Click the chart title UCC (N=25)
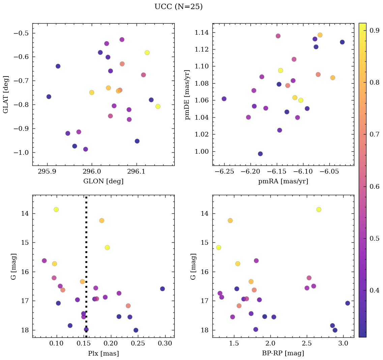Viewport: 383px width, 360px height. click(178, 7)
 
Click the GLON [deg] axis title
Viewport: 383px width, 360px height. click(103, 181)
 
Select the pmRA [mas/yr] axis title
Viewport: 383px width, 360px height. click(283, 181)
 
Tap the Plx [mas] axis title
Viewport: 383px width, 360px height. click(103, 353)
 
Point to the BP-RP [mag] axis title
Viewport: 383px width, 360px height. click(283, 353)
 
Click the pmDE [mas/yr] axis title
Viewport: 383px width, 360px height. click(187, 94)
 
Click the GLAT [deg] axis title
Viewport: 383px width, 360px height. click(6, 94)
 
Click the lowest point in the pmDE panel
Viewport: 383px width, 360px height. click(260, 154)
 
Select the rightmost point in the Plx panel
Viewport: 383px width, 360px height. click(163, 289)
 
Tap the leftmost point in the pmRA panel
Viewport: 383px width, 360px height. click(224, 99)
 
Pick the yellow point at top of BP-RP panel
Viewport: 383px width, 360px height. click(319, 209)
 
